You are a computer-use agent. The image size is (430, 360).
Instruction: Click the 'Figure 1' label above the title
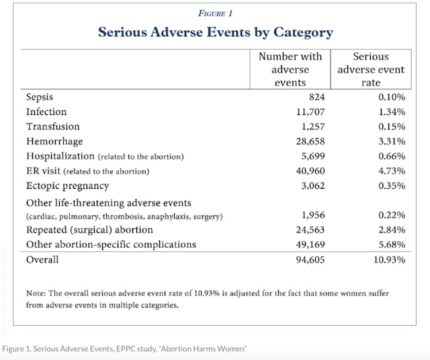tap(215, 12)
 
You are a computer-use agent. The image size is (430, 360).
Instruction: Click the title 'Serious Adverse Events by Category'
tap(215, 32)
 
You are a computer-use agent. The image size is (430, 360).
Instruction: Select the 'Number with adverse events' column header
tap(290, 69)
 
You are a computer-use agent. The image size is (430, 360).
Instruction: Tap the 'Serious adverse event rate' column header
tap(370, 69)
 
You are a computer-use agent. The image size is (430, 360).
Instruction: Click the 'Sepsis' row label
tap(40, 97)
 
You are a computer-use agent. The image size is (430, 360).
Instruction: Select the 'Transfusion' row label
tap(53, 126)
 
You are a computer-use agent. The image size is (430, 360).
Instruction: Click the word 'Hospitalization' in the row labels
tap(60, 156)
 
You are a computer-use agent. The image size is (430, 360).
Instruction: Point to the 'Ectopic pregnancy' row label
tap(67, 185)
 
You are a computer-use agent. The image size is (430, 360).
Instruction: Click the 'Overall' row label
tap(43, 259)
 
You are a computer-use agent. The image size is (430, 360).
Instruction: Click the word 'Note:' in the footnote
tap(38, 293)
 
